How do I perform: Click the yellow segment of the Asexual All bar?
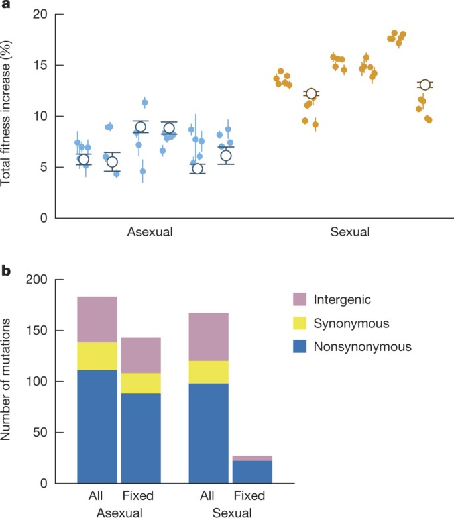click(x=97, y=356)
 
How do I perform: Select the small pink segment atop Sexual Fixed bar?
click(x=252, y=458)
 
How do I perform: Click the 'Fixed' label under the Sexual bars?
click(x=251, y=496)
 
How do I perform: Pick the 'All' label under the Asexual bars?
click(x=97, y=496)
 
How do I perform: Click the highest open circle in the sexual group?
click(x=425, y=85)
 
